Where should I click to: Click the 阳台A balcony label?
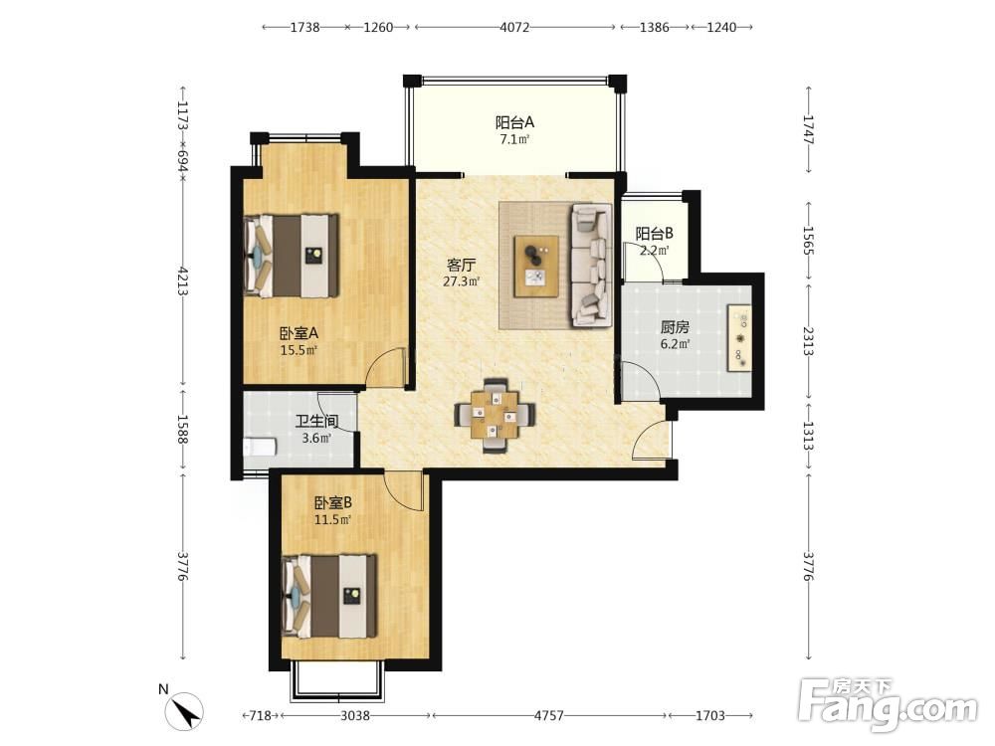[x=514, y=121]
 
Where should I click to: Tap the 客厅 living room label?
[x=462, y=265]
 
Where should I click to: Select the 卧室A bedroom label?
[x=298, y=333]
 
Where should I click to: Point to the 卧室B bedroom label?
[x=333, y=503]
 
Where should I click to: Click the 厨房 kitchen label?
[x=675, y=327]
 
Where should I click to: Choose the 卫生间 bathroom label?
[x=316, y=421]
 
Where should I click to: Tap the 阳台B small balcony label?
[x=655, y=234]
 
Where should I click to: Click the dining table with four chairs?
[x=495, y=415]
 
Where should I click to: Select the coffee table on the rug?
[x=537, y=266]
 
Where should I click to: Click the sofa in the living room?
[x=591, y=265]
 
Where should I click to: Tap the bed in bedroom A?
[x=292, y=256]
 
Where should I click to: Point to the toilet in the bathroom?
[x=260, y=447]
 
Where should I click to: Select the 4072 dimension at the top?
[x=514, y=27]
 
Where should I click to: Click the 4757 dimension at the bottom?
[x=549, y=715]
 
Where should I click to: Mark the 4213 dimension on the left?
[x=183, y=281]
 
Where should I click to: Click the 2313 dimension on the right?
[x=808, y=341]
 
